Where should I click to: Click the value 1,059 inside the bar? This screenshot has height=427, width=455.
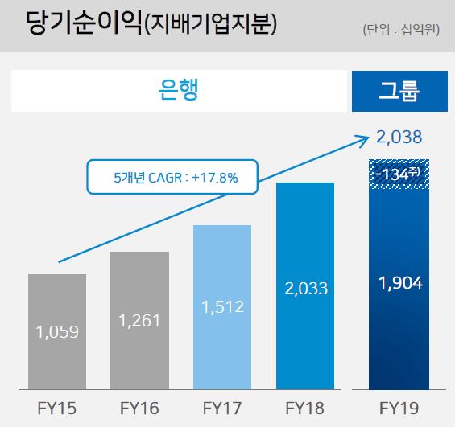click(57, 331)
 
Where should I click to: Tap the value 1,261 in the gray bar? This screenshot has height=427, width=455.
click(139, 320)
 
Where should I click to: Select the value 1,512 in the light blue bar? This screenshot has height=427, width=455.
click(222, 306)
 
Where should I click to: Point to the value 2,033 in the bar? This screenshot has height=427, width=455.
click(305, 288)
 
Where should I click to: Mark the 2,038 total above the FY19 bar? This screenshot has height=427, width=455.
click(399, 138)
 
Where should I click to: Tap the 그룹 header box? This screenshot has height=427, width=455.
click(399, 91)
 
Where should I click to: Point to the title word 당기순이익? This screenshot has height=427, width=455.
click(72, 23)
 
